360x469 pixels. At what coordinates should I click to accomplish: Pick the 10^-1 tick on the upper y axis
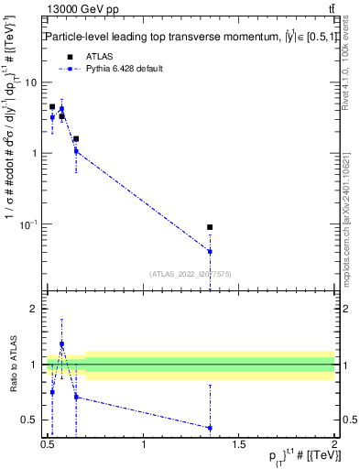(30, 224)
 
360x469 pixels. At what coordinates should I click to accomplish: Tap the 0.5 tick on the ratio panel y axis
(31, 420)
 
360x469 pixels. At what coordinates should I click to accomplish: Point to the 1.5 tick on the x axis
(240, 444)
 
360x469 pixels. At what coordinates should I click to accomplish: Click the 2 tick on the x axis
(334, 444)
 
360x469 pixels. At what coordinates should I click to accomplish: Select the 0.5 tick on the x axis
(49, 444)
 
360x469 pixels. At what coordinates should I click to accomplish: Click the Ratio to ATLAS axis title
(12, 365)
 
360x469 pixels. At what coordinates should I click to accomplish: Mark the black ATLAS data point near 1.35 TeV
(210, 227)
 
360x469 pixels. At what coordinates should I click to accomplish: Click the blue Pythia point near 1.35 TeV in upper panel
(210, 251)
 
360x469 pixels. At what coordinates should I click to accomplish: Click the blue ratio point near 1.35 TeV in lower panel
(210, 428)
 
